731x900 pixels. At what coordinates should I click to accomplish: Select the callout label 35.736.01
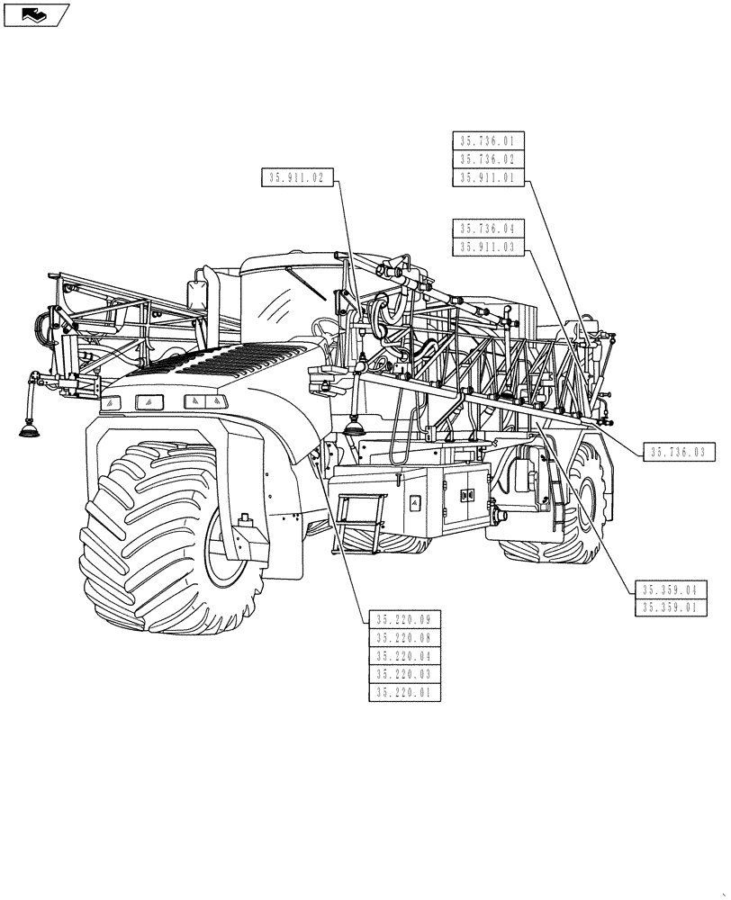pyautogui.click(x=487, y=140)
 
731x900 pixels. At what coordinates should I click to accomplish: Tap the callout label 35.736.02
pyautogui.click(x=487, y=159)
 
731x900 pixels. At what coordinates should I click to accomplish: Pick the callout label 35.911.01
pyautogui.click(x=487, y=178)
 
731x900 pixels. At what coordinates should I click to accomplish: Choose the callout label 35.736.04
pyautogui.click(x=487, y=228)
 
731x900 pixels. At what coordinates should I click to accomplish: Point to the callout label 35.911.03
pyautogui.click(x=487, y=247)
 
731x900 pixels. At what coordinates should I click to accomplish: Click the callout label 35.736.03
pyautogui.click(x=675, y=453)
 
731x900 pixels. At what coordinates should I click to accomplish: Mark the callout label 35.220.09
pyautogui.click(x=403, y=618)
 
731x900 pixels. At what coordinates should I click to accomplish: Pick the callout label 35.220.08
pyautogui.click(x=403, y=637)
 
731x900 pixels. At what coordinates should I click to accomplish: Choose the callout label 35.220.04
pyautogui.click(x=403, y=656)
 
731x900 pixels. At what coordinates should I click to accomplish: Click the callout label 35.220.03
pyautogui.click(x=403, y=674)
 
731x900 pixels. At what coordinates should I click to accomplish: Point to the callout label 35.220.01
pyautogui.click(x=403, y=693)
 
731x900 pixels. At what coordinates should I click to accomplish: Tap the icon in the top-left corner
pyautogui.click(x=36, y=14)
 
